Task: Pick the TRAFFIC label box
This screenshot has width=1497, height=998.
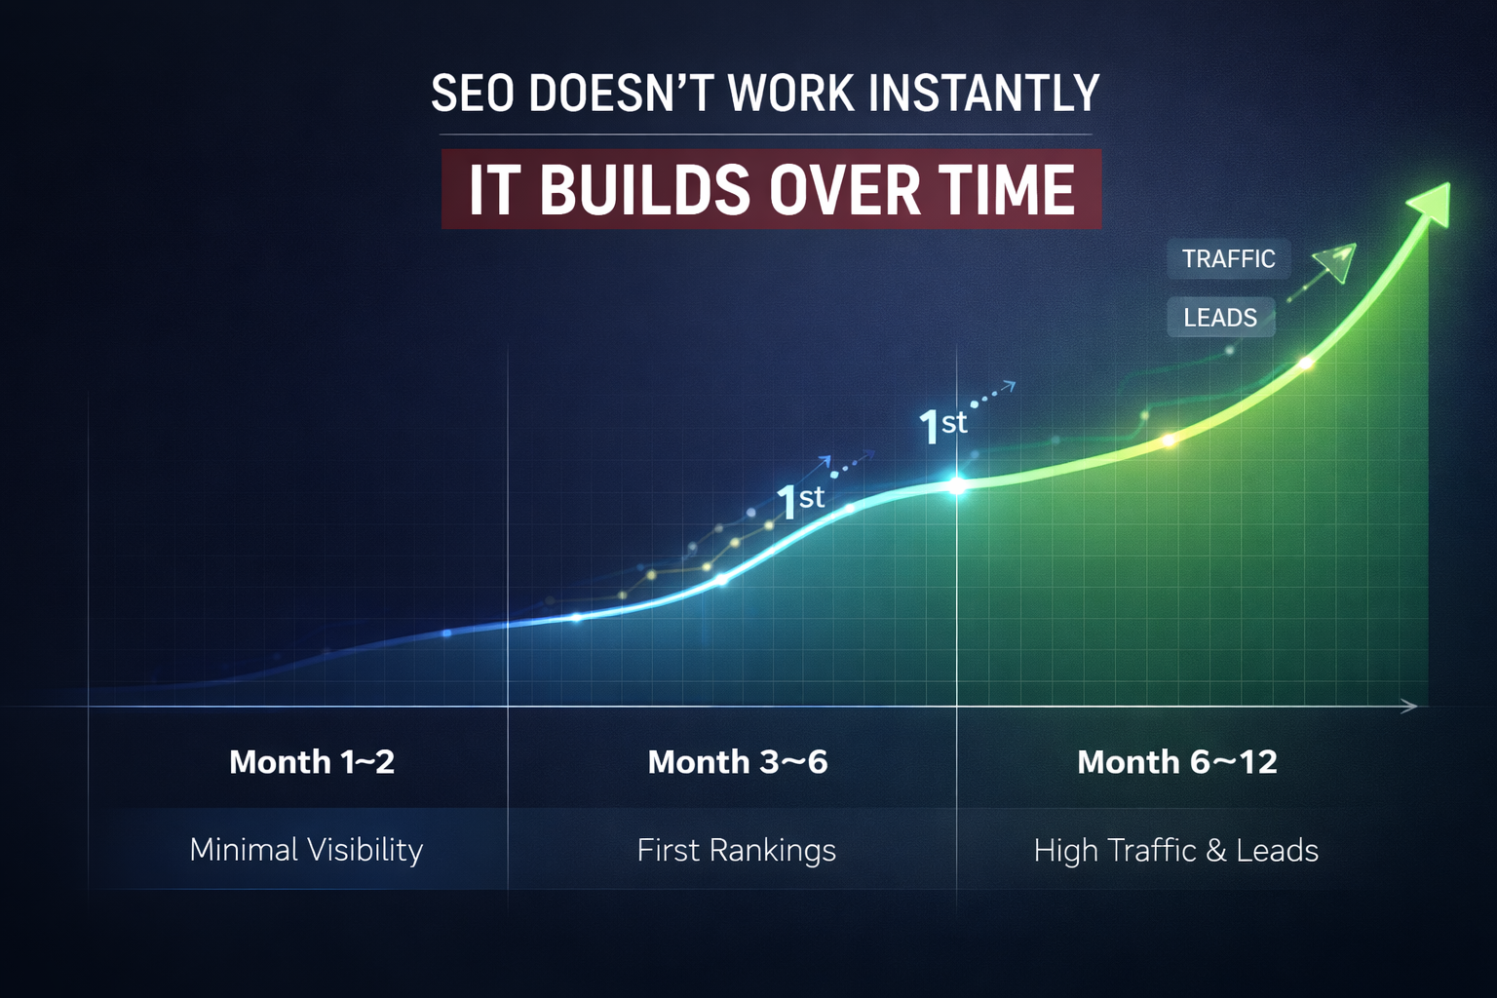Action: [x=1228, y=259]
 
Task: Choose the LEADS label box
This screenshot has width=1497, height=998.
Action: [x=1220, y=318]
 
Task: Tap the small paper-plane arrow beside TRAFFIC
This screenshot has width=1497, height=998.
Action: [x=1334, y=261]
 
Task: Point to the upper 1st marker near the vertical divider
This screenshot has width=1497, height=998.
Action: [x=942, y=426]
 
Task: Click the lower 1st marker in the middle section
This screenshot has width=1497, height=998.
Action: [x=800, y=502]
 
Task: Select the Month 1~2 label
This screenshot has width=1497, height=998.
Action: [x=312, y=762]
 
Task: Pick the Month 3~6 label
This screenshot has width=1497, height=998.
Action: [x=738, y=762]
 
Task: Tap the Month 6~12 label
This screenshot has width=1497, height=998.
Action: [x=1177, y=762]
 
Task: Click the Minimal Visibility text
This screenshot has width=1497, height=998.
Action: [x=306, y=850]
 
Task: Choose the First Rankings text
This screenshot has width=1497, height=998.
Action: [x=737, y=851]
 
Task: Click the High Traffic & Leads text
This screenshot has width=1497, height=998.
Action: [x=1175, y=851]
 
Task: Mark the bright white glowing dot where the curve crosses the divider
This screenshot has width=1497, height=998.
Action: [x=957, y=485]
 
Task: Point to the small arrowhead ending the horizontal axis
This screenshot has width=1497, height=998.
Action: [x=1409, y=707]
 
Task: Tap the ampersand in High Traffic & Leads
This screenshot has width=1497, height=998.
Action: [x=1215, y=851]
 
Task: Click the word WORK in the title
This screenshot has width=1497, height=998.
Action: [x=791, y=95]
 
